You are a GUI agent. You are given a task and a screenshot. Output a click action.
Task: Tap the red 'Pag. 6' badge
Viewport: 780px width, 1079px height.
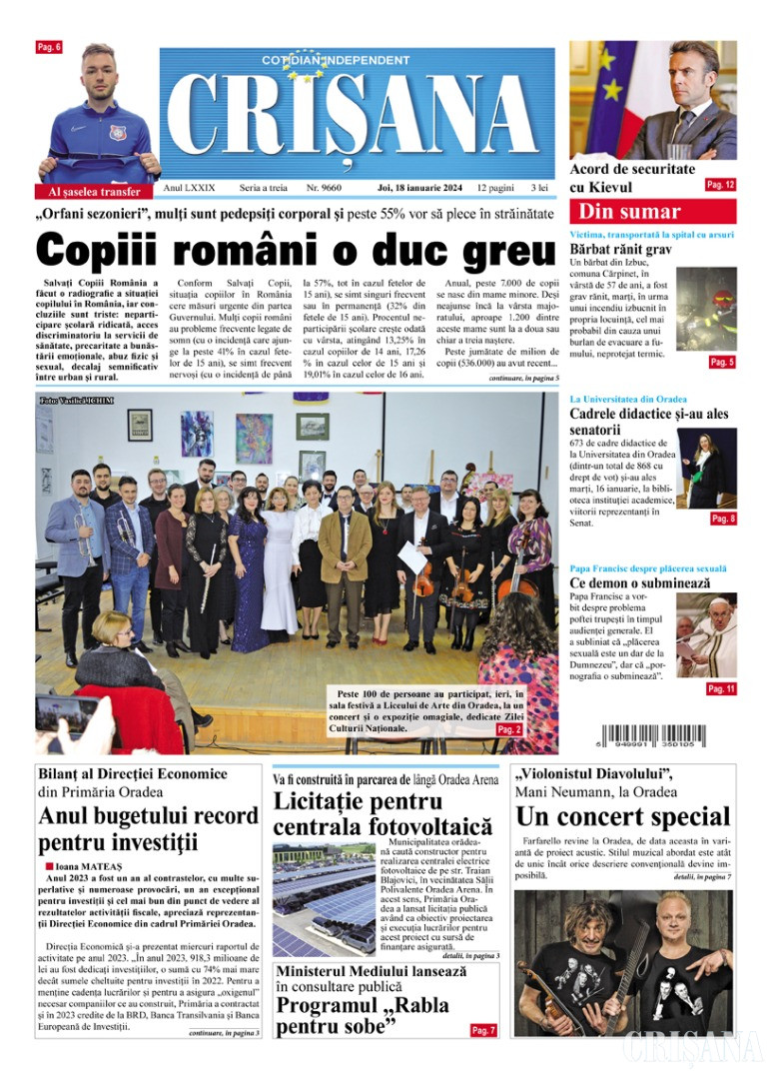49,47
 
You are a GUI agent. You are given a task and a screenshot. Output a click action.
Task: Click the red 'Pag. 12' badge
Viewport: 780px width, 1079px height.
720,185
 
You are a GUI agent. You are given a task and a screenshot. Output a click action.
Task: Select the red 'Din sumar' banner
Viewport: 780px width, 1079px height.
652,211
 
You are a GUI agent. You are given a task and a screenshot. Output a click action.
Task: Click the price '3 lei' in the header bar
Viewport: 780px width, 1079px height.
539,188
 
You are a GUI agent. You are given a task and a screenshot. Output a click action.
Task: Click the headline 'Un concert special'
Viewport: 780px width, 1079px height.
622,816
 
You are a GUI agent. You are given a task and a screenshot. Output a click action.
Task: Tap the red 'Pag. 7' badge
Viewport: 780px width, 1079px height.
483,1030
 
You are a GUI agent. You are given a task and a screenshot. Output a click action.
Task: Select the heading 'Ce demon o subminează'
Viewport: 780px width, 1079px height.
639,582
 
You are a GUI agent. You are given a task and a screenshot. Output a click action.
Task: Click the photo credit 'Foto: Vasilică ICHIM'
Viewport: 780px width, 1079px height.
77,401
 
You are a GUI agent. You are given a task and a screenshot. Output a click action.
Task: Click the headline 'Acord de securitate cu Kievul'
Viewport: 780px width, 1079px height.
632,178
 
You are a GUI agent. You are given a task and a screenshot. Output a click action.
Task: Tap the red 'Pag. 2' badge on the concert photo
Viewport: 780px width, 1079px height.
509,730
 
